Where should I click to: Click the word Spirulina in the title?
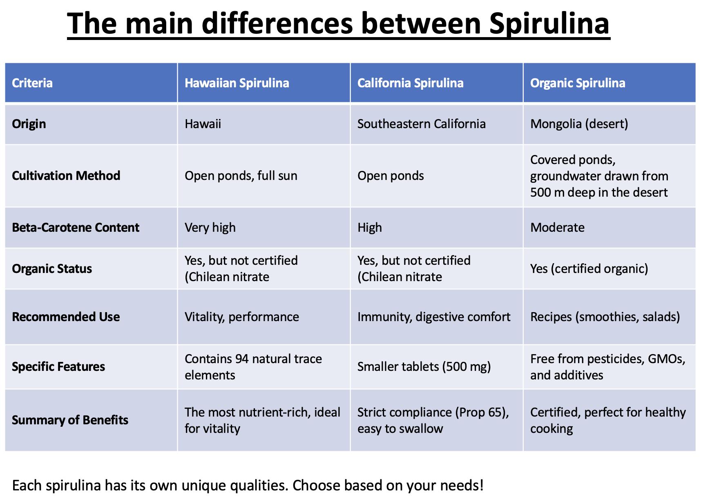[x=549, y=24]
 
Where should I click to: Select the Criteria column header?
[x=32, y=83]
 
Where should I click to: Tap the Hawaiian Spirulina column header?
[x=237, y=83]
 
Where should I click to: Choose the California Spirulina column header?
[x=410, y=83]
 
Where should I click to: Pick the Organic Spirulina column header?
[x=577, y=83]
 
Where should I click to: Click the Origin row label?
[x=29, y=124]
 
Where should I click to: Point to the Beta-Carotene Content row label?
[x=76, y=227]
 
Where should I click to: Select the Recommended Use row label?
[x=66, y=317]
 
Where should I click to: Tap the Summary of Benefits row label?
[x=70, y=420]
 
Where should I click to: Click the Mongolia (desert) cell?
[x=579, y=124]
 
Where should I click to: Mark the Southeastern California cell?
[x=421, y=124]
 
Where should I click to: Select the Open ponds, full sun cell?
[x=241, y=175]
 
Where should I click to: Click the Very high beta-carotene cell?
[x=210, y=227]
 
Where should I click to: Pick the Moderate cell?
[x=557, y=227]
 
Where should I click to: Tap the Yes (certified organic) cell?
[x=589, y=268]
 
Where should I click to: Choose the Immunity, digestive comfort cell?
[x=433, y=317]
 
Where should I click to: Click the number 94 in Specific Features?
[x=242, y=359]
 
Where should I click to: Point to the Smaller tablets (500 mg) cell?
[x=424, y=366]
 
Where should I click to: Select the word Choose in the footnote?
[x=317, y=485]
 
